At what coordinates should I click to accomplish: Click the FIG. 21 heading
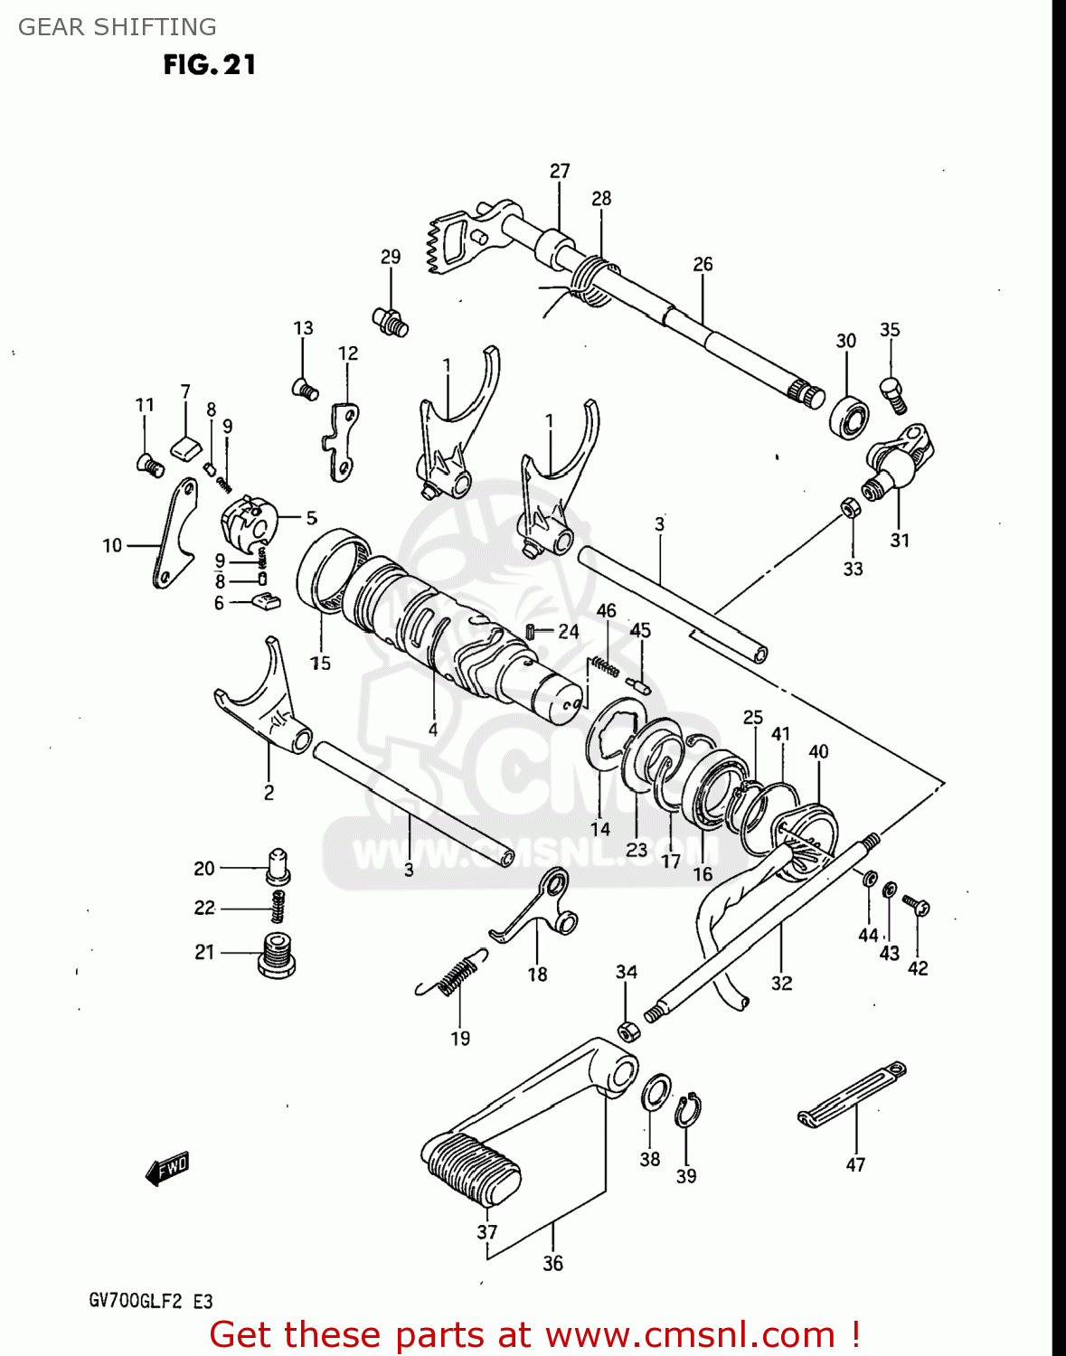[209, 65]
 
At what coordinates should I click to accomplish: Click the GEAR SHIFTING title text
[117, 27]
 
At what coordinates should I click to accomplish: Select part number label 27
[560, 171]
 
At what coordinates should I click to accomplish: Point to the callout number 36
[552, 1263]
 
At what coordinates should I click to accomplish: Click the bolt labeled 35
[892, 395]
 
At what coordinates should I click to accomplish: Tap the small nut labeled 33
[850, 508]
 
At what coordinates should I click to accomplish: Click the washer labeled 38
[656, 1093]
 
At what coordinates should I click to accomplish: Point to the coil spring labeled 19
[452, 976]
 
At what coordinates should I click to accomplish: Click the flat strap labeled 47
[852, 1095]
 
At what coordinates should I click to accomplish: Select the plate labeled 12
[343, 439]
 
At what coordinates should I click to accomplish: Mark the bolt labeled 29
[391, 320]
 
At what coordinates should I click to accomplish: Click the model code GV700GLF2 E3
[150, 1301]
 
